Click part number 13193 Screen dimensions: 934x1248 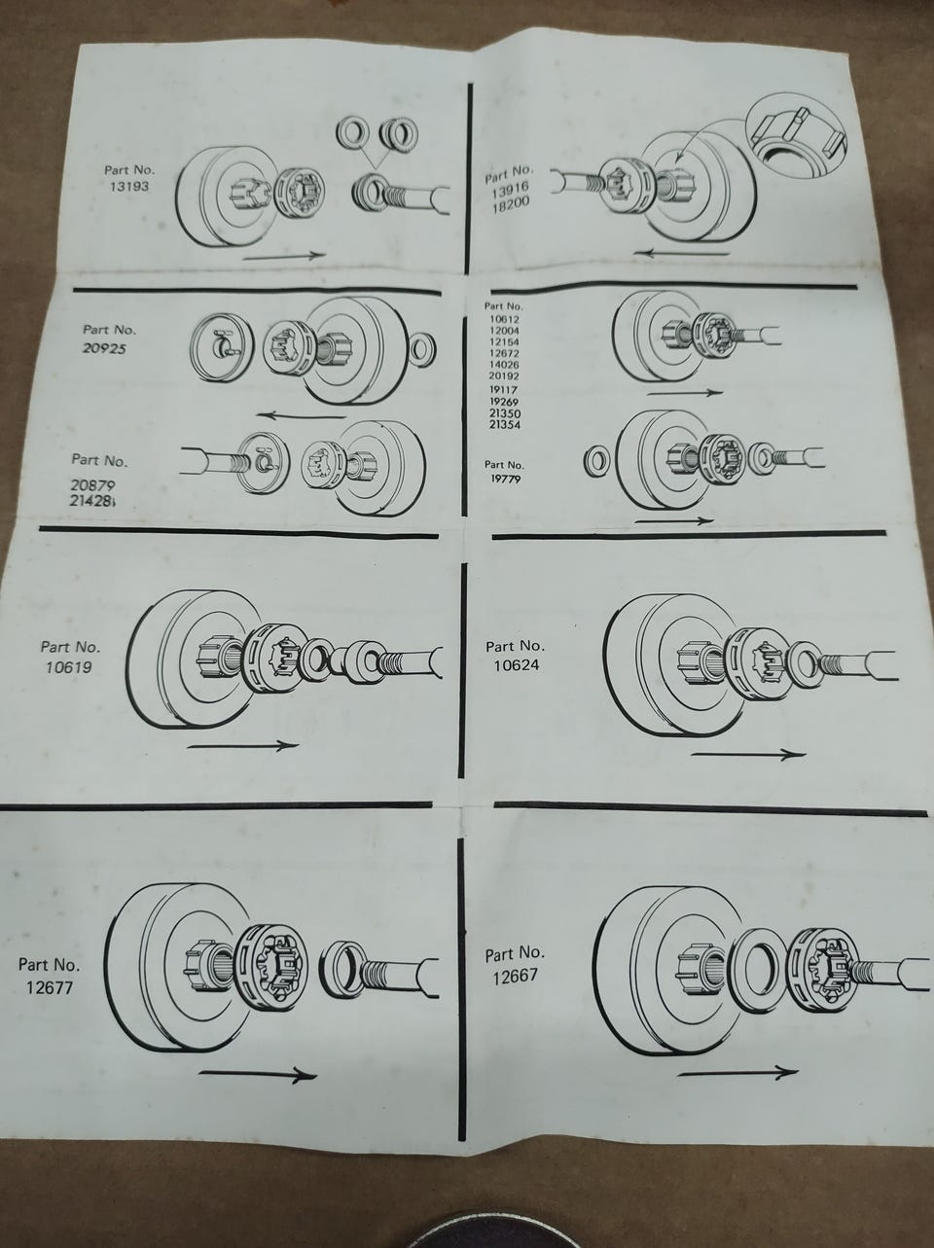pos(129,187)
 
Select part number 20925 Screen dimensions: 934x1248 pos(105,348)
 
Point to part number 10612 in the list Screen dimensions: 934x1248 pos(504,319)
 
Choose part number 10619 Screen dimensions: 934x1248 pos(69,666)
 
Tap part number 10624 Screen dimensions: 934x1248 pos(517,664)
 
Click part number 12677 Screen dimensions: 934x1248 pos(50,987)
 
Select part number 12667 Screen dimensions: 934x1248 pos(515,977)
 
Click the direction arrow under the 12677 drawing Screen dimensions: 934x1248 pos(258,1074)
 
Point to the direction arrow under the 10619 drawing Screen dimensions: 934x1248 pos(242,745)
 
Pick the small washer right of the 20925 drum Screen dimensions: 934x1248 pos(423,348)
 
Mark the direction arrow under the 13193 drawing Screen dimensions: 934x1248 pos(284,257)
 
